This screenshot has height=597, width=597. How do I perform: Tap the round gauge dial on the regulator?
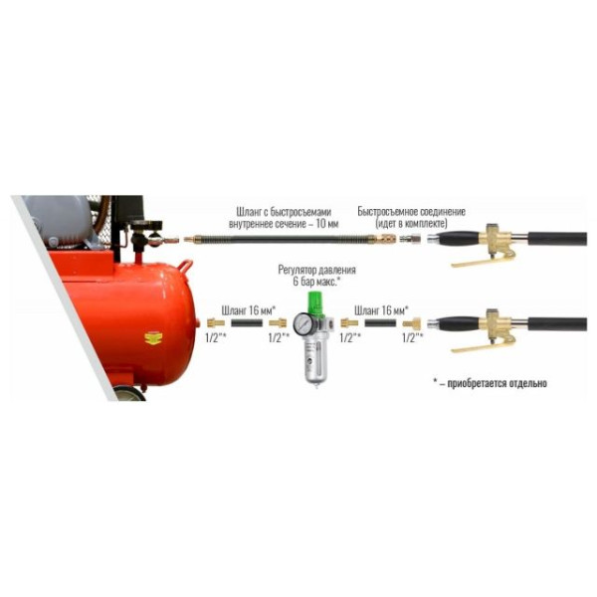click(302, 324)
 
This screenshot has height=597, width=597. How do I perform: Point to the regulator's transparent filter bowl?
click(315, 362)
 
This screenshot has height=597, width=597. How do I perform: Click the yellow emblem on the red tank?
click(153, 338)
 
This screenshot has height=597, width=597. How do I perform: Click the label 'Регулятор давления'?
click(316, 270)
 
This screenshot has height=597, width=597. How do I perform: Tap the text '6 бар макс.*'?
click(316, 283)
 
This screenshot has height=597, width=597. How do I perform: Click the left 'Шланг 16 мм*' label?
click(249, 310)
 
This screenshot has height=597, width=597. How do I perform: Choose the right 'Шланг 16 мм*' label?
click(381, 310)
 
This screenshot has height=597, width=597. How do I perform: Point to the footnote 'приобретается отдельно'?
click(497, 383)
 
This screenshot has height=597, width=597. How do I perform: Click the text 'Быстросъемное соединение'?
click(411, 212)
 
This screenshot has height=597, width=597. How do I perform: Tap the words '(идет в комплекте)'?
click(411, 224)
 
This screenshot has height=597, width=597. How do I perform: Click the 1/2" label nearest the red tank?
click(216, 337)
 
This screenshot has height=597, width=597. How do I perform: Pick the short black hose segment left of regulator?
click(247, 323)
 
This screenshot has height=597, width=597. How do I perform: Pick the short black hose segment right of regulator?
click(380, 323)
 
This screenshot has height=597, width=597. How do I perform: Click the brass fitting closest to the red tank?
click(216, 323)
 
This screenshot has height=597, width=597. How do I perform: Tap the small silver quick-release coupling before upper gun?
click(410, 240)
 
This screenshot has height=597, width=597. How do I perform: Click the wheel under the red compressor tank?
click(128, 394)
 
